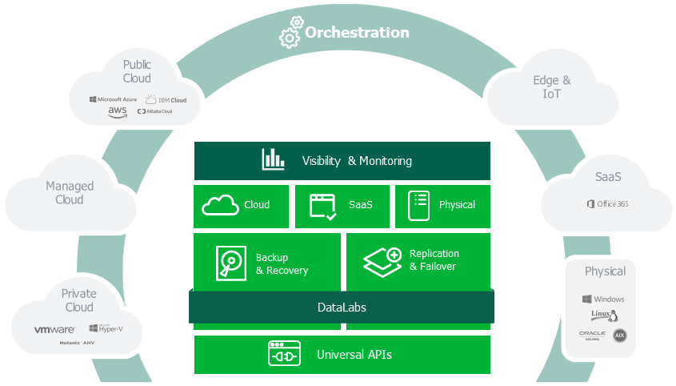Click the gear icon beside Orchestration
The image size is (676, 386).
[x=290, y=34]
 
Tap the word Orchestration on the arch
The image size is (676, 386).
[x=357, y=33]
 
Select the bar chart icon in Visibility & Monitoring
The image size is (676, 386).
[x=273, y=159]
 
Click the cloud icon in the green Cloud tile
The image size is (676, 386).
[x=220, y=205]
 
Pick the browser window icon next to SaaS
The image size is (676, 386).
[x=323, y=206]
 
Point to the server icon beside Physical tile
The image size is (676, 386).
[x=418, y=206]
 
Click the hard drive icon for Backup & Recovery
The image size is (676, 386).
[x=230, y=262]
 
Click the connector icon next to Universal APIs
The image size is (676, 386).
[x=284, y=354]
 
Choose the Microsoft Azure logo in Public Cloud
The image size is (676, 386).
[x=113, y=99]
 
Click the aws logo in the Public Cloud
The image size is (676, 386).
[x=118, y=112]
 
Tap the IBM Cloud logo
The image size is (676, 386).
[x=166, y=100]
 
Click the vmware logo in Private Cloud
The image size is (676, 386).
[x=55, y=329]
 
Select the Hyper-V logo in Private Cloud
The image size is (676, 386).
[x=105, y=328]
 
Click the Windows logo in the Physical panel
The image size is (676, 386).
[x=603, y=299]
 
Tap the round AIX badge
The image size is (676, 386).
[x=619, y=335]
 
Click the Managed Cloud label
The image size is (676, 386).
[x=70, y=192]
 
